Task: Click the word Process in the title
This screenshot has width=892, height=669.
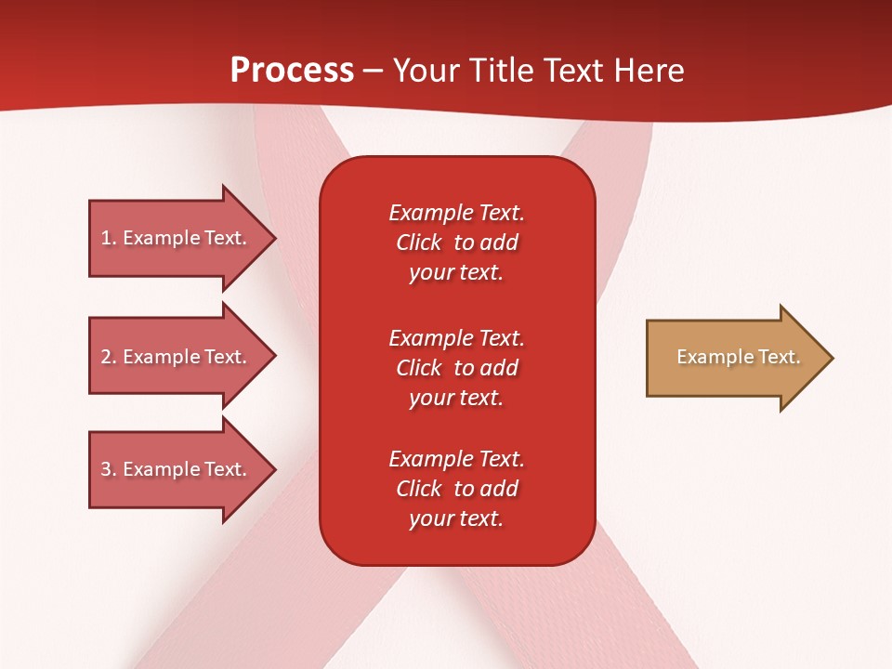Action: tap(293, 71)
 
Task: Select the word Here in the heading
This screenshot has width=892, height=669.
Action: tap(649, 71)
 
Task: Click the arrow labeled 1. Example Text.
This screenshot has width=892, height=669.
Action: tap(183, 239)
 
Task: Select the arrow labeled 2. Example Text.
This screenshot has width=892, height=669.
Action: tap(183, 356)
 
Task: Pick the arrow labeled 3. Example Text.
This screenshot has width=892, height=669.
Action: tap(183, 469)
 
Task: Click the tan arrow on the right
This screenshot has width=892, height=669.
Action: tap(741, 358)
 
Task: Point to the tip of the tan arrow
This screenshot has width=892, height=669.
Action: tap(833, 358)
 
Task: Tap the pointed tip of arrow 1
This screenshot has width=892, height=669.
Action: tap(277, 239)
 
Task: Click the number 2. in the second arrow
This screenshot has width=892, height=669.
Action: tap(109, 357)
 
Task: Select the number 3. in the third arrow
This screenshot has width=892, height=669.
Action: tap(109, 469)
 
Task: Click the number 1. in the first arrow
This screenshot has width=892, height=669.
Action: tap(109, 239)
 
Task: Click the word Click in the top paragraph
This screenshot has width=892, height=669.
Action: tap(419, 243)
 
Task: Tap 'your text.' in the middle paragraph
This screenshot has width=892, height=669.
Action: tap(456, 399)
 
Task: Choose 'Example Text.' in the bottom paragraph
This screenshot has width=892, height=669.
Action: tap(457, 458)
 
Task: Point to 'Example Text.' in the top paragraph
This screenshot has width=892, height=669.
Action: tap(457, 213)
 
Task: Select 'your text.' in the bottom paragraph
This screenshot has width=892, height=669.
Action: tap(456, 518)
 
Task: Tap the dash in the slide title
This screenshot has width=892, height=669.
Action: tap(373, 72)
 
